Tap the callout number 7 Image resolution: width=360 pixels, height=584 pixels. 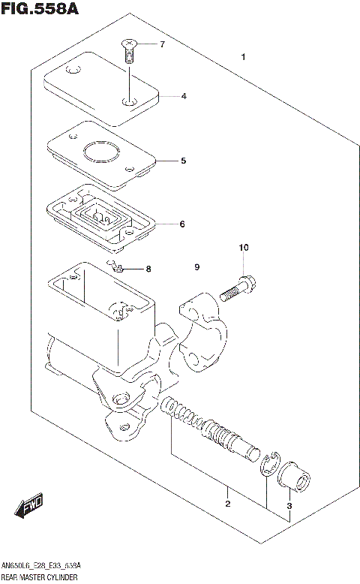pos(162,45)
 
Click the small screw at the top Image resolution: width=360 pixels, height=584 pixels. pos(129,52)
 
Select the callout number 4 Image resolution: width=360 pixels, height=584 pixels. pos(183,96)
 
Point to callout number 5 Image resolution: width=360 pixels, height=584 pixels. pos(182,161)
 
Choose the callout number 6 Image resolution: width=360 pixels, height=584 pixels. pos(182,224)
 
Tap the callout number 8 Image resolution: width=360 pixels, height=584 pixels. pos(148,269)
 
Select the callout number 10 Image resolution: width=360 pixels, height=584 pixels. pos(242,248)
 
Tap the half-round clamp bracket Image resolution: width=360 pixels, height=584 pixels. pos(201,334)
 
